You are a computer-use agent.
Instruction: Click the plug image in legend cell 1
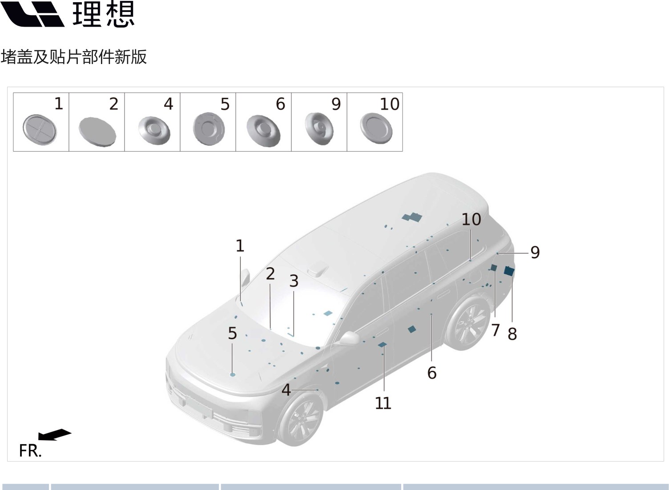tap(40, 130)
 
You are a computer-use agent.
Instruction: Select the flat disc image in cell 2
tap(97, 132)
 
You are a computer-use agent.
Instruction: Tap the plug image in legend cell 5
tap(209, 129)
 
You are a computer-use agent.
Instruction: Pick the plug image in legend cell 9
tap(319, 129)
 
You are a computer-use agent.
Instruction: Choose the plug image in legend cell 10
tap(376, 129)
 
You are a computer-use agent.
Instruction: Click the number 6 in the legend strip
tap(280, 104)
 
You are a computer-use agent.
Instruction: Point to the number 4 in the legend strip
tap(169, 104)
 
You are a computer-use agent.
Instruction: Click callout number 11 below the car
tap(383, 403)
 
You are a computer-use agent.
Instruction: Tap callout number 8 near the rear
tap(512, 333)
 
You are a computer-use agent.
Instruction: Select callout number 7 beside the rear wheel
tap(496, 329)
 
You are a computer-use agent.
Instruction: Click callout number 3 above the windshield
tap(294, 281)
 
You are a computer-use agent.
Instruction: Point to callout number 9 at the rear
tap(535, 252)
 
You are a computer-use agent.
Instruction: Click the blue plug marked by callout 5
tap(232, 374)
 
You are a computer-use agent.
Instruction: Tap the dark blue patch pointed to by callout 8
tap(509, 271)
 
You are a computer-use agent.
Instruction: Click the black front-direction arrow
tap(55, 434)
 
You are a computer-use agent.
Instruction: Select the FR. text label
tap(30, 451)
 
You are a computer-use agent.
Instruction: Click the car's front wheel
tap(301, 420)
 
